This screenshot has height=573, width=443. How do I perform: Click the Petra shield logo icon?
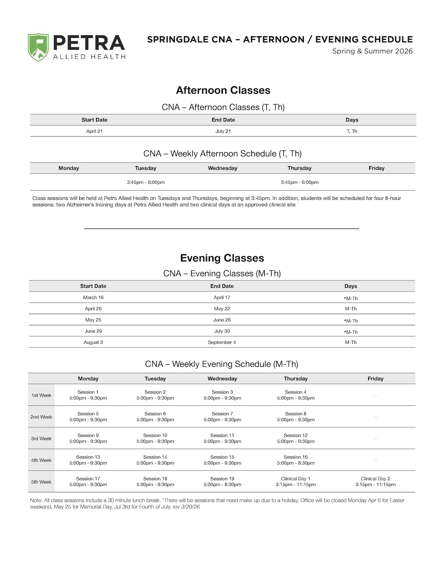[x=38, y=47]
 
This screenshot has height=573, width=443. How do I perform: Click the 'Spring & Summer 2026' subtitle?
[x=372, y=51]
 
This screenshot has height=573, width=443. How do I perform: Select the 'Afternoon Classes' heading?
[x=223, y=90]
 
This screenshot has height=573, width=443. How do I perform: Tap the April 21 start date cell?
[x=94, y=131]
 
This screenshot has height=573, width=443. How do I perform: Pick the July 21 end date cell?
[x=223, y=131]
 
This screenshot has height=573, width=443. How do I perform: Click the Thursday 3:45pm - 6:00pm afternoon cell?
[x=299, y=182]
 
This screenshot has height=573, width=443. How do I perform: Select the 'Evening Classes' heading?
[x=222, y=258]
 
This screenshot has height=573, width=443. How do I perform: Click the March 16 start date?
[x=93, y=298]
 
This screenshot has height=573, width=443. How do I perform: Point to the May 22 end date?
[x=222, y=309]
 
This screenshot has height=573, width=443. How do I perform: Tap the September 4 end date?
[x=222, y=342]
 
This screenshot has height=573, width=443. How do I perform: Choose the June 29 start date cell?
[x=93, y=331]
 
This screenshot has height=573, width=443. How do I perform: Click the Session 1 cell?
[x=88, y=395]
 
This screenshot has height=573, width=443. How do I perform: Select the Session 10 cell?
[x=155, y=438]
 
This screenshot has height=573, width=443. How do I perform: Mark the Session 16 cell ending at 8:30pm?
[x=296, y=460]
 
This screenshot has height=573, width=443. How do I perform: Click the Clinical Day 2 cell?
[x=375, y=482]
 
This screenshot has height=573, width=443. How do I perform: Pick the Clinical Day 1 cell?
[x=296, y=482]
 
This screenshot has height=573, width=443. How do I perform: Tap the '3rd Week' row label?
[x=41, y=439]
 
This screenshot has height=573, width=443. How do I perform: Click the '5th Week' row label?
[x=41, y=482]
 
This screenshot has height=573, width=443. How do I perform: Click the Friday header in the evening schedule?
[x=375, y=379]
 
